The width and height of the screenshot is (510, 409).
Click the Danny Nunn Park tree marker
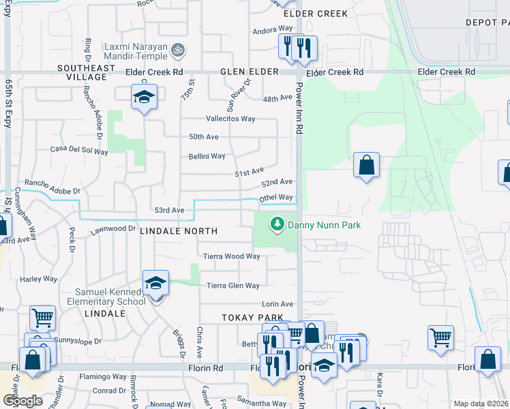[x=277, y=224]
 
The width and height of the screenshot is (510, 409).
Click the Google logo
[x=22, y=400]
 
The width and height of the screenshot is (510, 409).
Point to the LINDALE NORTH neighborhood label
[x=179, y=232]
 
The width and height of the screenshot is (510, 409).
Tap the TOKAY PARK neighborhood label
[x=252, y=318]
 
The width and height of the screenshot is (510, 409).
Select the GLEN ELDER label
[x=250, y=72]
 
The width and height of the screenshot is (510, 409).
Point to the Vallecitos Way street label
[x=230, y=119]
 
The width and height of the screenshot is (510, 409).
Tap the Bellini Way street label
[x=207, y=156]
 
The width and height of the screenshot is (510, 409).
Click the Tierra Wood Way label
[x=232, y=256]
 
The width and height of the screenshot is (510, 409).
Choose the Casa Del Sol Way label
[x=80, y=149]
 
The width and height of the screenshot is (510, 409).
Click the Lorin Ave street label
[x=277, y=304]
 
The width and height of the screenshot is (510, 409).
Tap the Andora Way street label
[x=273, y=29]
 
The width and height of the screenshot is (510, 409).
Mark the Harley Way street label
[x=38, y=279]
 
